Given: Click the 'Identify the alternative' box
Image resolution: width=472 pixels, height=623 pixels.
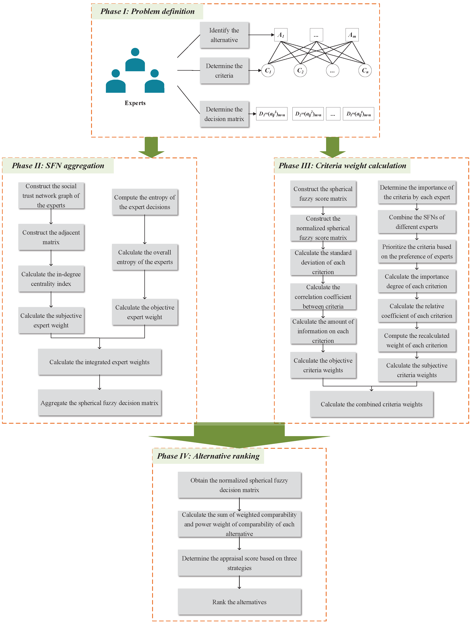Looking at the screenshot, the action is coord(224,35).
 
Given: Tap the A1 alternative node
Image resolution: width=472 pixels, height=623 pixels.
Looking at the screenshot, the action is coord(281,35).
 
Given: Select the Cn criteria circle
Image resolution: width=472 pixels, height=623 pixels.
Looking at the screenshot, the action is coord(365,70).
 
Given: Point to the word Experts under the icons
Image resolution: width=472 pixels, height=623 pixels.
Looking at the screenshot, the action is coord(135,103).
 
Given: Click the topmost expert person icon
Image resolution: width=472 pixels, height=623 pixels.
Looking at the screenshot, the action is coord(135,59).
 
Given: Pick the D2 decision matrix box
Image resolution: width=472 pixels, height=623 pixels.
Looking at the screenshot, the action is coord(308,114).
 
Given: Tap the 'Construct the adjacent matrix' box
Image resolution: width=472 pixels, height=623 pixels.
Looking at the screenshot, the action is coord(51,237).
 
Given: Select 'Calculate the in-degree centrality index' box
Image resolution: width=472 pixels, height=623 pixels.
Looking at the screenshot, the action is coord(51,279).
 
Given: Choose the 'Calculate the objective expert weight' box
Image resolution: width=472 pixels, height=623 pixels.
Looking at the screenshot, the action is coord(145,312).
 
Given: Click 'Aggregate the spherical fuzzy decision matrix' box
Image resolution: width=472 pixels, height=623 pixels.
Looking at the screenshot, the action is coord(99,403).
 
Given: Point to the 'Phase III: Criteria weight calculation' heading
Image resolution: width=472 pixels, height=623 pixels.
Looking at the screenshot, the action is coord(342,166).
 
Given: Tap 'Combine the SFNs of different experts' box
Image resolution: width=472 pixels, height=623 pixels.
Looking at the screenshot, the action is coord(417,222).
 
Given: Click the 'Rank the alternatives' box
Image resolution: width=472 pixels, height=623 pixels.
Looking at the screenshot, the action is coord(239,602).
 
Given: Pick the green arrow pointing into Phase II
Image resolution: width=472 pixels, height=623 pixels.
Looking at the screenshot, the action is coord(151,147).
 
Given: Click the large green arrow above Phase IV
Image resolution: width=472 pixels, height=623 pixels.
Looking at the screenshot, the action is coord(239,435).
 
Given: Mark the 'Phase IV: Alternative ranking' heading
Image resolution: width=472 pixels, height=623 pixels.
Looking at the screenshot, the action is coord(208,456).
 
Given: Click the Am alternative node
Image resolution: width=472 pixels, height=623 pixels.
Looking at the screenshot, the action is coord(352,35).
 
